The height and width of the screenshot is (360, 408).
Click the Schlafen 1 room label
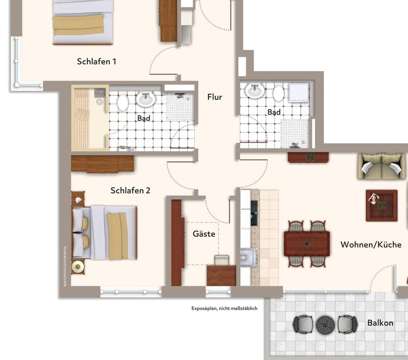click(x=96, y=62)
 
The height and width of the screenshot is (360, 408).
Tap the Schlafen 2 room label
click(x=130, y=191)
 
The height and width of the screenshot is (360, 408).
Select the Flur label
click(x=215, y=97)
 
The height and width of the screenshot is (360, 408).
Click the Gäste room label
click(x=204, y=234)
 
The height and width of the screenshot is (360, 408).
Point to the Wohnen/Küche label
click(x=371, y=245)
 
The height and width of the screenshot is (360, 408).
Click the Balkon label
click(x=380, y=323)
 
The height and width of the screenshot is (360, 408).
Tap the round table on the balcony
click(x=325, y=324)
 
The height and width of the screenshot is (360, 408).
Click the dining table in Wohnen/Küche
click(x=306, y=244)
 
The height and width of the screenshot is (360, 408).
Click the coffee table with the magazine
click(x=381, y=205)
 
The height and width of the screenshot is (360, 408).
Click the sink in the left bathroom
click(x=146, y=99)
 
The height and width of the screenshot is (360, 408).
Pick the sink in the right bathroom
click(x=255, y=90)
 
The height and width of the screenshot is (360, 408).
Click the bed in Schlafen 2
click(x=105, y=233)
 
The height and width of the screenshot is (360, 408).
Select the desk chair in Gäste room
click(x=221, y=260)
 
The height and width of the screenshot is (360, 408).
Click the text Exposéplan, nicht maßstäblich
click(x=224, y=309)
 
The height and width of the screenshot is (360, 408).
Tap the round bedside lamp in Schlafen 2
click(x=78, y=266)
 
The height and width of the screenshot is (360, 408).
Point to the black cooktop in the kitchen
click(x=254, y=213)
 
